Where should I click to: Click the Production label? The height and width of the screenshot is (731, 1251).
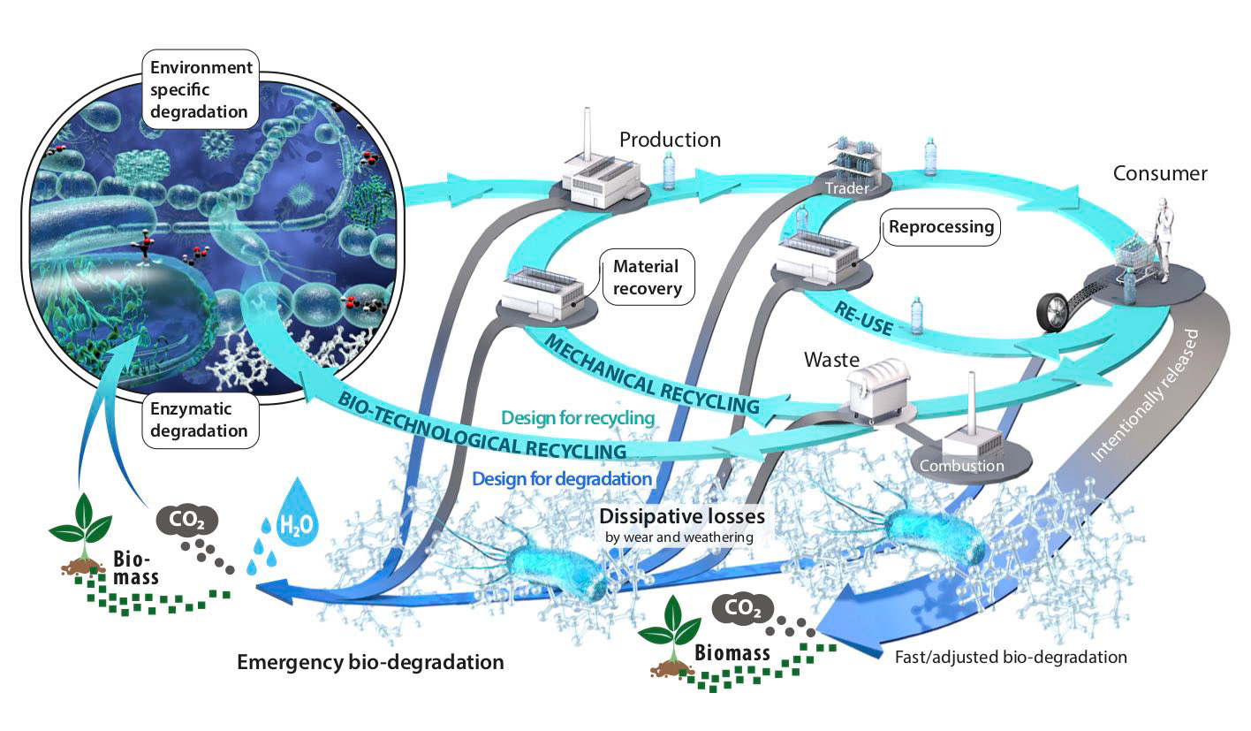click(x=670, y=140)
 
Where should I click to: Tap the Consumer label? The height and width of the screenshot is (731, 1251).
click(x=1160, y=173)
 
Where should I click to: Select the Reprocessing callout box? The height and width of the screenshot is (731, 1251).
click(x=941, y=227)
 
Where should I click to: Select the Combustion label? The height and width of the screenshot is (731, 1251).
click(x=961, y=465)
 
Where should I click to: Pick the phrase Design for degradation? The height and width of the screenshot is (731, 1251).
click(x=562, y=478)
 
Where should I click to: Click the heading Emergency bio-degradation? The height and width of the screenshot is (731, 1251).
click(x=371, y=661)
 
